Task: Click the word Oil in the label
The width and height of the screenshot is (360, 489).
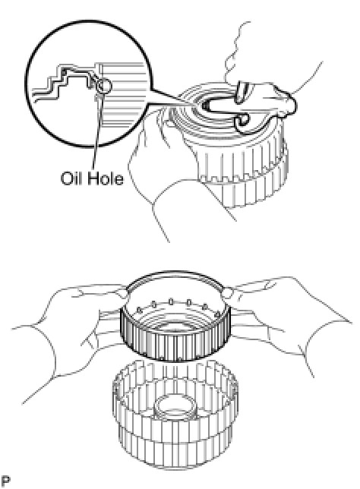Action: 70,178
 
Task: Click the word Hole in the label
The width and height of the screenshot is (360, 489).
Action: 105,178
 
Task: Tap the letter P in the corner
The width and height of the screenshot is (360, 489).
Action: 5,481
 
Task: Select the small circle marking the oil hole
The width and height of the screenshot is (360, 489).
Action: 103,85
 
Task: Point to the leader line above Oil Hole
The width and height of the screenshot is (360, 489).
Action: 97,131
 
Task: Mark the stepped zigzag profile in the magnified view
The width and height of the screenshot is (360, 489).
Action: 65,81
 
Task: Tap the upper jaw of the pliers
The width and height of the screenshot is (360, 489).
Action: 243,91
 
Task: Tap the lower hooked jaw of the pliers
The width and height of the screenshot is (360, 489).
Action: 242,122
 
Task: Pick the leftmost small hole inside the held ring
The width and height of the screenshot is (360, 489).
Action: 140,310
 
